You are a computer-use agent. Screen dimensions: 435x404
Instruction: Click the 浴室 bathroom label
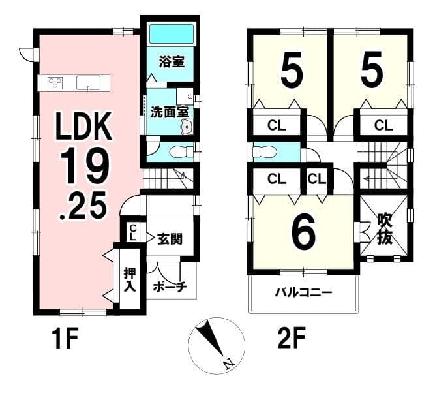[172, 61]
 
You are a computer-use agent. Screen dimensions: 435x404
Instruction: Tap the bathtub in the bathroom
[172, 34]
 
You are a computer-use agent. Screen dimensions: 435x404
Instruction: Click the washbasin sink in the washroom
[187, 127]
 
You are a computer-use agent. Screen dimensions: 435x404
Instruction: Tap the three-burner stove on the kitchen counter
[55, 83]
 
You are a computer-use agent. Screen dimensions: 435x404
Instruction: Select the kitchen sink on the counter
[89, 83]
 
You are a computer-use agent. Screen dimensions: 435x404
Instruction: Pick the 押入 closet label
[130, 279]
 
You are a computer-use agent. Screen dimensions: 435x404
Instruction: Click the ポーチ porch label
[170, 287]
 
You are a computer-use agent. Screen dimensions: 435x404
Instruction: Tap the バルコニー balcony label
[303, 292]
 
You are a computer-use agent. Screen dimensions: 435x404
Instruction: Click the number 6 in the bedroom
[304, 233]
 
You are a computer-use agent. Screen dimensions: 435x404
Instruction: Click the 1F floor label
[66, 338]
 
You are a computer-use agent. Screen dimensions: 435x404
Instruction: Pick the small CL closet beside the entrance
[133, 233]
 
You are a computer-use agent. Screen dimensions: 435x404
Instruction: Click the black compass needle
[210, 337]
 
